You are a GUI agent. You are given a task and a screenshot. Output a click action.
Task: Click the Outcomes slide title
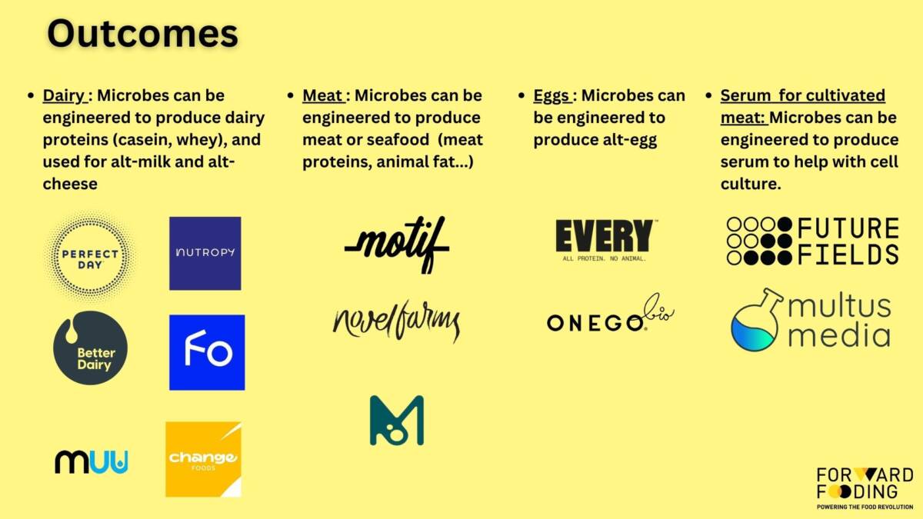[x=142, y=33]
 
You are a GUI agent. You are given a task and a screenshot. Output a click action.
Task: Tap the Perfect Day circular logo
[x=90, y=256]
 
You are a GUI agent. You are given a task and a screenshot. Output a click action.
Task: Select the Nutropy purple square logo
[x=205, y=253]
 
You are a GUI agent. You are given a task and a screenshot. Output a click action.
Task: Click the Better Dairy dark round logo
[x=90, y=348]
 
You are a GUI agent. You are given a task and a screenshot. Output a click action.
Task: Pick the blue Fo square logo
[x=207, y=353]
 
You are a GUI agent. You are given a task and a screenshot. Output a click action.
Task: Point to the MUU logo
[x=92, y=462]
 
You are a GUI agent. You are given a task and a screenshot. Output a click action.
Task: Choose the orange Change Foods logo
[x=204, y=459]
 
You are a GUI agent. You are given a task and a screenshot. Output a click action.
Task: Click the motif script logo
[x=397, y=245]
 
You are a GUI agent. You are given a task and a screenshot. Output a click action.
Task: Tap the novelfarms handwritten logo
[x=397, y=321]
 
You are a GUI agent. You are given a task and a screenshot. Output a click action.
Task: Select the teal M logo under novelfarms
[x=397, y=421]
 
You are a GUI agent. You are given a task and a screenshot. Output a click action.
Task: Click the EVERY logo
[x=605, y=240]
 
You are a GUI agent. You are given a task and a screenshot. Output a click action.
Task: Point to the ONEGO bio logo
[x=611, y=315]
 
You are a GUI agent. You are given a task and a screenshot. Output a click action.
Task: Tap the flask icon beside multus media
[x=755, y=321]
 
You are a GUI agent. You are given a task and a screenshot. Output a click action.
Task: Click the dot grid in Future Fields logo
[x=759, y=241]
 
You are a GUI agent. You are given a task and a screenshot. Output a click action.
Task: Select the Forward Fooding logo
[x=865, y=488]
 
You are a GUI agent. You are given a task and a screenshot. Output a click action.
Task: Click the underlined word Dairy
[x=64, y=95]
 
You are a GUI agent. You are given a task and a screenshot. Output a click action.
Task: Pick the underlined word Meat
[x=322, y=95]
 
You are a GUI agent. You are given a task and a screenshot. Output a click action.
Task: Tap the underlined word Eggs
[x=551, y=96]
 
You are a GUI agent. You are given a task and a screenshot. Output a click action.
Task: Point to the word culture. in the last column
[x=751, y=184]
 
